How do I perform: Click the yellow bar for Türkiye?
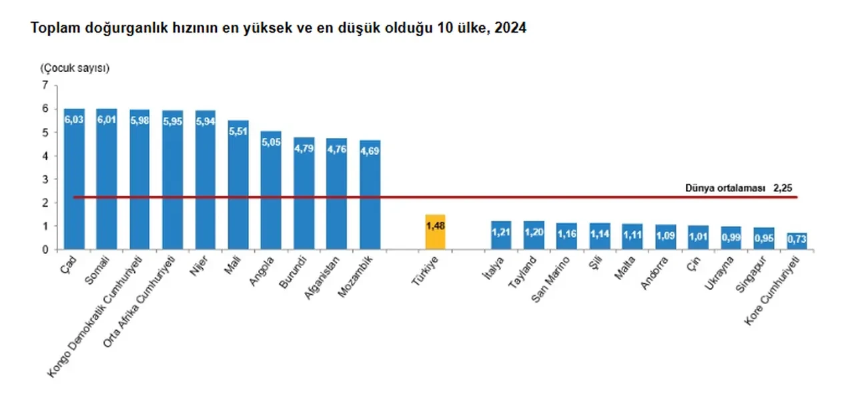pos(434,233)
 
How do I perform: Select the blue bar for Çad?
pos(74,180)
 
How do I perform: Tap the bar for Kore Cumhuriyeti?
pos(797,241)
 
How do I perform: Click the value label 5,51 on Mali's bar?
pos(238,131)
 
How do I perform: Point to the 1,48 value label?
pos(434,227)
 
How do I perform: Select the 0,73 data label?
pos(797,239)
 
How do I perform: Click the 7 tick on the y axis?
pos(45,85)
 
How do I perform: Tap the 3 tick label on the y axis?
pos(45,179)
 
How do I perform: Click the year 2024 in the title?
pos(510,29)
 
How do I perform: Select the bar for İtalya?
pos(500,235)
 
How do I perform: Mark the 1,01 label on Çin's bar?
pos(698,236)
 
